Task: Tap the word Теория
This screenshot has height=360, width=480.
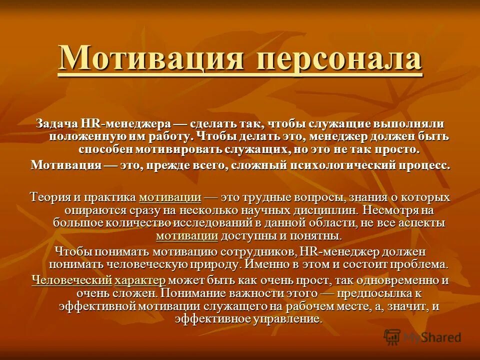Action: pyautogui.click(x=49, y=196)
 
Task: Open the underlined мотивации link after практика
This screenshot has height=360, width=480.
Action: pyautogui.click(x=170, y=196)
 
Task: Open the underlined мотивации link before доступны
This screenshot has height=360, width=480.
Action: pyautogui.click(x=187, y=235)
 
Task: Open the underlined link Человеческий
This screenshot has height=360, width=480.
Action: pyautogui.click(x=71, y=280)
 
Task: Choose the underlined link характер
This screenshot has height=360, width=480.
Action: pyautogui.click(x=142, y=280)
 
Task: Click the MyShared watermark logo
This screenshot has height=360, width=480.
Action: pyautogui.click(x=422, y=337)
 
